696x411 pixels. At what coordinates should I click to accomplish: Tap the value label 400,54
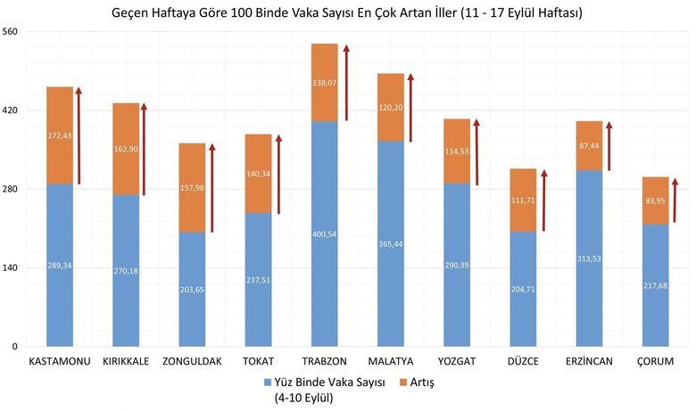[x=324, y=234]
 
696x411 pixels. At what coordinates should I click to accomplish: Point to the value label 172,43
[x=59, y=136]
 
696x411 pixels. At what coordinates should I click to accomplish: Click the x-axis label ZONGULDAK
[x=192, y=362]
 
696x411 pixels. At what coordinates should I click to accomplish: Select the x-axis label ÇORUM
[x=655, y=362]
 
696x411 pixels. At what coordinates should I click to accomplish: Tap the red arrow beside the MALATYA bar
[x=410, y=107]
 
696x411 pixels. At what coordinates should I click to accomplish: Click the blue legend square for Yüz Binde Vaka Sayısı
[x=267, y=382]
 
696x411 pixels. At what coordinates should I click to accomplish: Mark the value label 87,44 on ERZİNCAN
[x=589, y=146]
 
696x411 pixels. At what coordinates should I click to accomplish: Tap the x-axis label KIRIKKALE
[x=126, y=362]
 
